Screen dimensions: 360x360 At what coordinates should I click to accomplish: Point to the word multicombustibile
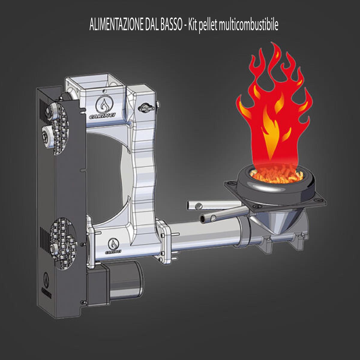coord(248,25)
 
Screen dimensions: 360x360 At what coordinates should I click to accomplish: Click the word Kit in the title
coord(193,25)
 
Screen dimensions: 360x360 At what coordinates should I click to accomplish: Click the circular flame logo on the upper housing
coord(104,106)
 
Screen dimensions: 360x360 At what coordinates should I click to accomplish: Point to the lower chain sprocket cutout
coord(64,244)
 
